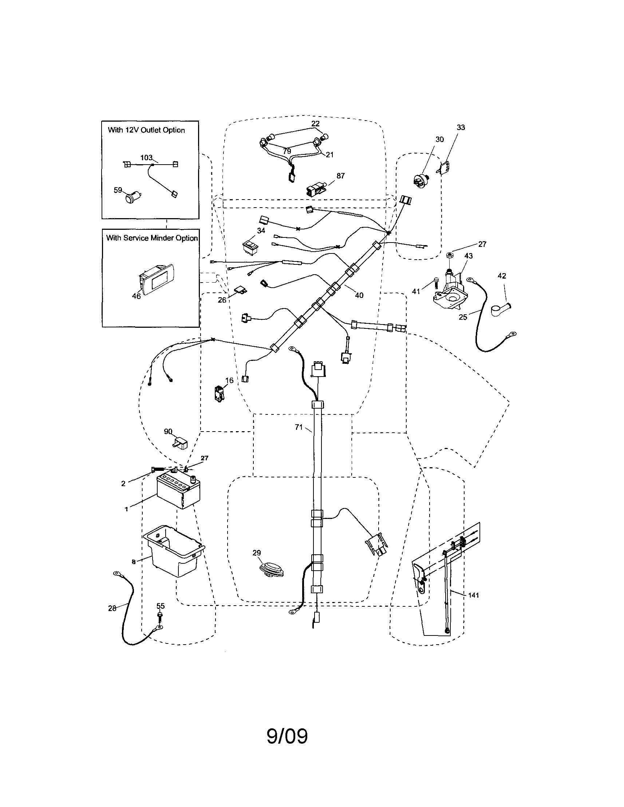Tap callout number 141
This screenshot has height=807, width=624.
473,595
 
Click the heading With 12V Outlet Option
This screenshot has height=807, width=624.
146,130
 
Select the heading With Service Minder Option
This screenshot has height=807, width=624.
152,238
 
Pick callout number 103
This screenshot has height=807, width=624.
146,158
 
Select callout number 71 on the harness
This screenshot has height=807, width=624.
299,427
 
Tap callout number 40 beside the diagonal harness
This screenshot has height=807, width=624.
359,295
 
